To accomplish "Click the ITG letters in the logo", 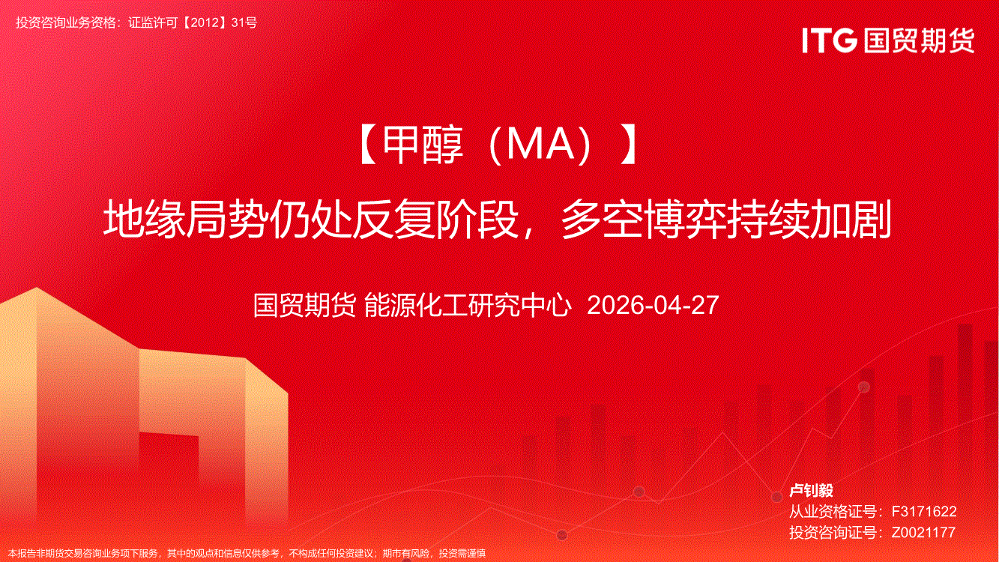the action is pos(830,40).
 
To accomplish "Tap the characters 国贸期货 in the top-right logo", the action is pos(919,40).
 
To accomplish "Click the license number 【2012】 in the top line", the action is pos(205,22).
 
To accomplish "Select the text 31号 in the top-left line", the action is pos(244,22).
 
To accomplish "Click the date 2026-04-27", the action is pos(653,305).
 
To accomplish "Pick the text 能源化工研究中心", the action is pos(468,305).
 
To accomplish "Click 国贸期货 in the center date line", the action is pos(304,305).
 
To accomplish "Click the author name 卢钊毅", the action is pos(811,490).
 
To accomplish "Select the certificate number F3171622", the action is pos(923,511).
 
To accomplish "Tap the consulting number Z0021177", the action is pos(923,532).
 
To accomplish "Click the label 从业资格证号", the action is pos(833,511).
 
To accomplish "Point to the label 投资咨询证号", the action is pos(833,532).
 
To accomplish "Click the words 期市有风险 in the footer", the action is pos(406,554).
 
